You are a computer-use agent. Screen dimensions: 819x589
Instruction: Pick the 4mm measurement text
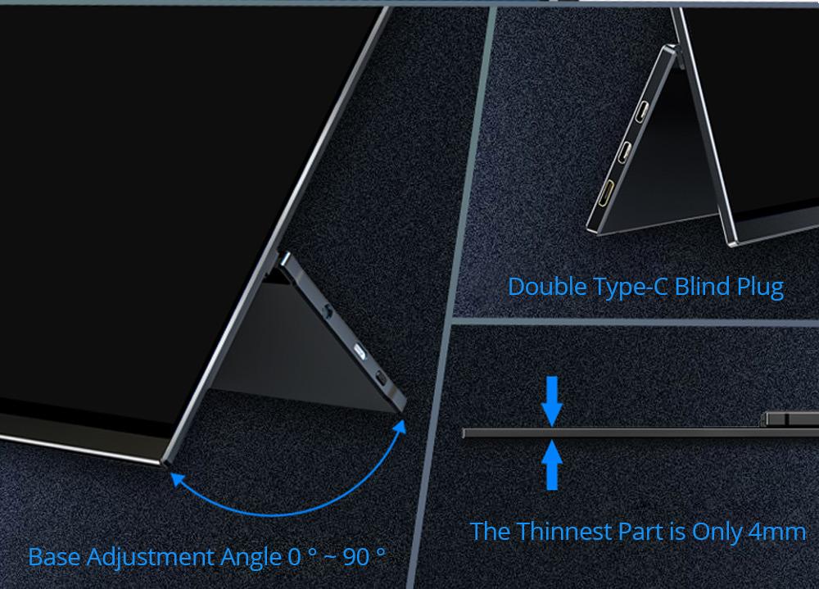point(777,532)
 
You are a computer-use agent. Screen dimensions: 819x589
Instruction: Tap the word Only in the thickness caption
point(717,532)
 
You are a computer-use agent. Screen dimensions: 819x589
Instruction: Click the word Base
point(54,556)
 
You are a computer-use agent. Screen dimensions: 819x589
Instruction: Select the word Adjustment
point(151,557)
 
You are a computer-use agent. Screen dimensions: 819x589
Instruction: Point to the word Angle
point(251,558)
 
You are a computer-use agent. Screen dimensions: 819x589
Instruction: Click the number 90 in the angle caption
point(356,557)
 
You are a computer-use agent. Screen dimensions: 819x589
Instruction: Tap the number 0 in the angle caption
point(295,557)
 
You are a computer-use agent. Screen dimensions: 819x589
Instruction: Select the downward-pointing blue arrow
point(551,401)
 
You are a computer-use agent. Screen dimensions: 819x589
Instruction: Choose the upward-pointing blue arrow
point(551,465)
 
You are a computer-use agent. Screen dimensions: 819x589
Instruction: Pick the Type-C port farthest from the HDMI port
point(642,111)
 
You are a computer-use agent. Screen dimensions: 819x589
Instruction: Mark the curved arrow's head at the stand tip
point(400,428)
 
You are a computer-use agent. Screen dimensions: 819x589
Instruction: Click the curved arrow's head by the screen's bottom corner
point(179,478)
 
